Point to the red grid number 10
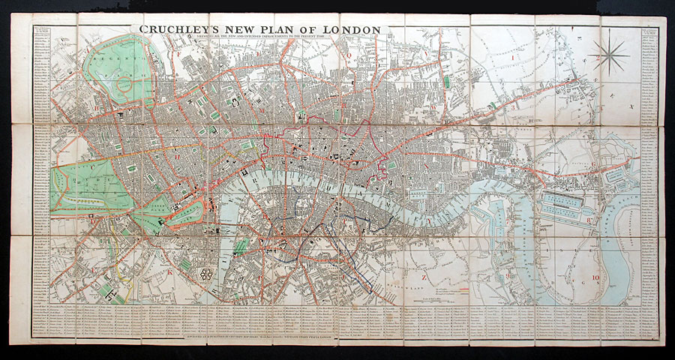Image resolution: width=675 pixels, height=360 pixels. click(x=596, y=279)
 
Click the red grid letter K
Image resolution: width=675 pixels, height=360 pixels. click(x=171, y=274)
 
